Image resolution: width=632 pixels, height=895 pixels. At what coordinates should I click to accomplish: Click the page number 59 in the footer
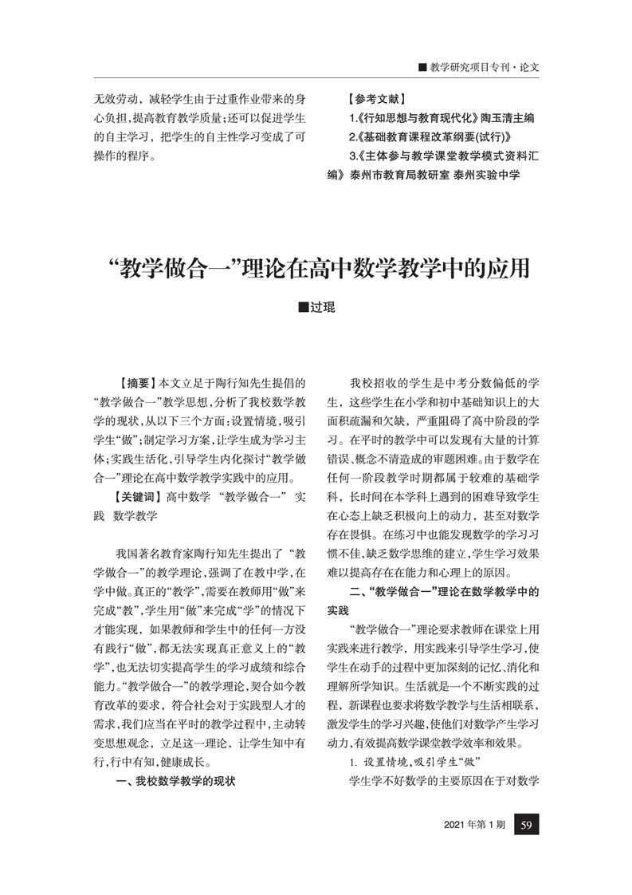[525, 825]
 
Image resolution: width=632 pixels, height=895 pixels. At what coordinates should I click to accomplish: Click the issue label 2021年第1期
[475, 825]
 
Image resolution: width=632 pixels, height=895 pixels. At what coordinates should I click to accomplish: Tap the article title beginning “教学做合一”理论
[316, 267]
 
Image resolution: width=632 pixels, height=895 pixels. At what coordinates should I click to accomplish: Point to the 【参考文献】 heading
[378, 101]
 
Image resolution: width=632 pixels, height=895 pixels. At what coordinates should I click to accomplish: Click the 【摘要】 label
[138, 384]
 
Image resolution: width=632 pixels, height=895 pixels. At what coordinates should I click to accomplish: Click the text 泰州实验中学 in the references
[487, 174]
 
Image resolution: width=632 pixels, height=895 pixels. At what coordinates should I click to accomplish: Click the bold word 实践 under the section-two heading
[339, 611]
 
